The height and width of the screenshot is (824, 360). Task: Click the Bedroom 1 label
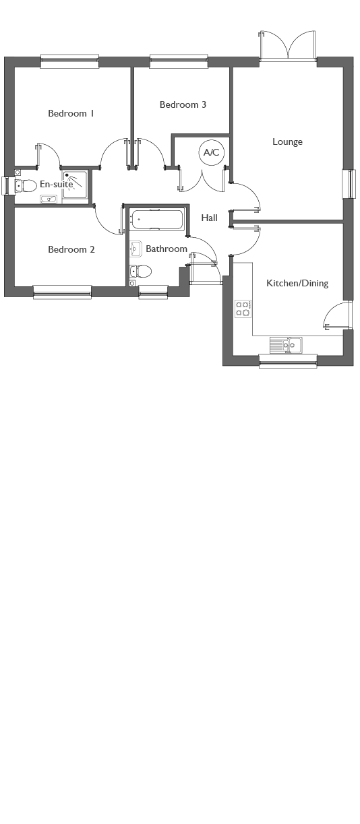click(71, 113)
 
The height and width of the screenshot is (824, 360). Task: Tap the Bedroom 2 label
click(71, 249)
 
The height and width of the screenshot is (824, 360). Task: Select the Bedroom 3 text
click(183, 104)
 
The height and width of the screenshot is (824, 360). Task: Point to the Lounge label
click(287, 141)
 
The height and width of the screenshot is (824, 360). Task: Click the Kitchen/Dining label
click(297, 283)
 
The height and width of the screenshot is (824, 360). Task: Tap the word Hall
click(210, 218)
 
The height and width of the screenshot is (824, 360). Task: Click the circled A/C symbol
click(211, 152)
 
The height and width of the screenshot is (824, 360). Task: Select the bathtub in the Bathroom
click(156, 220)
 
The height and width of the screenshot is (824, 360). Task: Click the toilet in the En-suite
click(25, 185)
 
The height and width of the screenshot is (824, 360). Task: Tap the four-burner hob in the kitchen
click(243, 309)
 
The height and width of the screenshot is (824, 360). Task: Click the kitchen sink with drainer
click(286, 345)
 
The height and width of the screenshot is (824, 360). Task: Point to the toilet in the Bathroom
click(141, 272)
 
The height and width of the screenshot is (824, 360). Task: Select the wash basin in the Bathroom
click(136, 249)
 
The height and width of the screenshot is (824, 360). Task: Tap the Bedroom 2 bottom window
click(62, 292)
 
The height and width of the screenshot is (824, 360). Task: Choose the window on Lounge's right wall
click(347, 184)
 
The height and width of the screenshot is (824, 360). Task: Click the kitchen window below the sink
click(289, 361)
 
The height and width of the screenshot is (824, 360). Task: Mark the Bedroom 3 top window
click(179, 61)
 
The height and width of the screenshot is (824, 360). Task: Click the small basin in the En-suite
click(49, 199)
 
